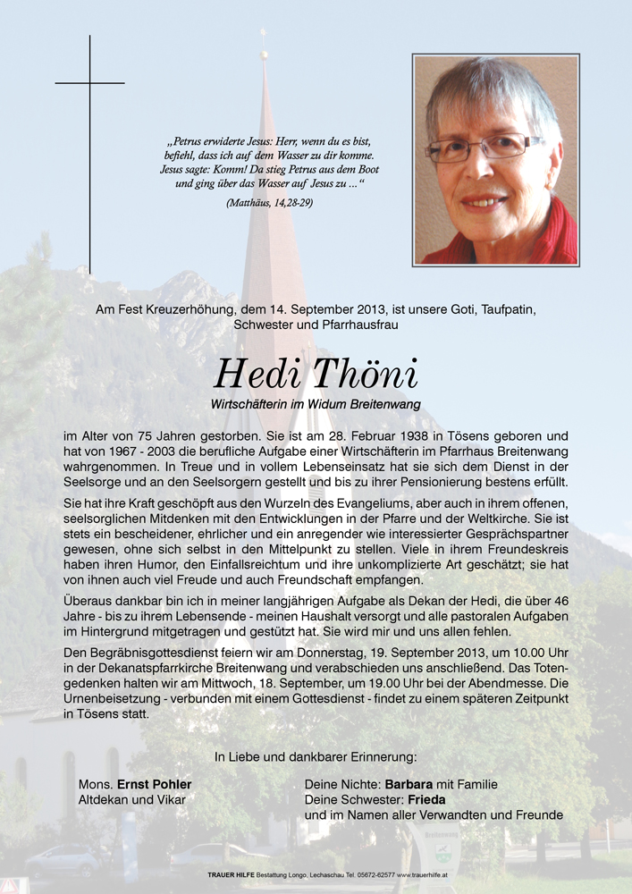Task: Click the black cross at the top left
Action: click(x=89, y=83)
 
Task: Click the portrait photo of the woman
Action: click(x=495, y=160)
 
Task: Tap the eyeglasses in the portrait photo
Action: click(x=482, y=148)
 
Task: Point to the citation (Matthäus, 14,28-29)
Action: click(x=270, y=203)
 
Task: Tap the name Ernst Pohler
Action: click(x=154, y=785)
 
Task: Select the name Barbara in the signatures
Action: click(x=415, y=785)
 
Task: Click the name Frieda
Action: click(x=426, y=800)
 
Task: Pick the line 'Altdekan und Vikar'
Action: click(x=132, y=800)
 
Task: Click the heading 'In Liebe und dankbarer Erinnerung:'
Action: click(x=316, y=757)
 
